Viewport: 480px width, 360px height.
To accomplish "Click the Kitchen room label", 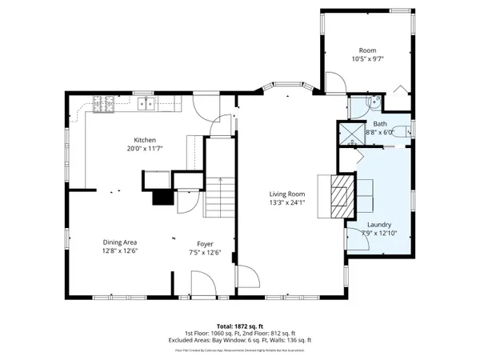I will pyautogui.click(x=144, y=139).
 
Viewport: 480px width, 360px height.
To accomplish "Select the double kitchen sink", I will pyautogui.click(x=146, y=102).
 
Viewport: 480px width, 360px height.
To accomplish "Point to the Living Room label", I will pyautogui.click(x=286, y=194).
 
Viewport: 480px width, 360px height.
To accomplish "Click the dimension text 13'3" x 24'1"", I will pyautogui.click(x=286, y=203).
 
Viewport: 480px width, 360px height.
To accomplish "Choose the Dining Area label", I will pyautogui.click(x=119, y=242).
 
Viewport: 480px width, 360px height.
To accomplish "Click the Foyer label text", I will pyautogui.click(x=206, y=242).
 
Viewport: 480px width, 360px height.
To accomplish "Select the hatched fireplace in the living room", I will pyautogui.click(x=341, y=194).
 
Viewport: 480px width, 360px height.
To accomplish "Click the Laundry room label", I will pyautogui.click(x=379, y=225).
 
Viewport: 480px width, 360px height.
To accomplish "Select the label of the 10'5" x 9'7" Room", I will pyautogui.click(x=367, y=50).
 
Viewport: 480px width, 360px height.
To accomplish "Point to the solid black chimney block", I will pyautogui.click(x=163, y=197).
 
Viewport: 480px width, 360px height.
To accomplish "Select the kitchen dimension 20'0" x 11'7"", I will pyautogui.click(x=144, y=149).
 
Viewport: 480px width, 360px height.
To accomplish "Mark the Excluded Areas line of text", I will pyautogui.click(x=239, y=341).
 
